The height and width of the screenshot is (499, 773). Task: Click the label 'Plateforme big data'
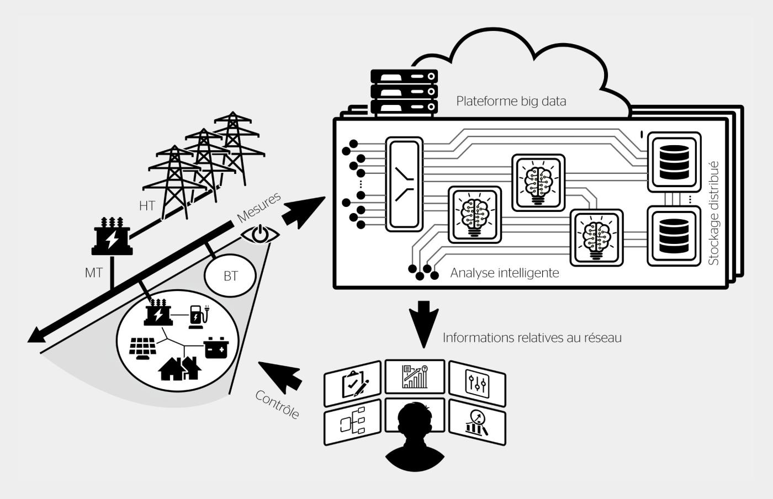[x=511, y=101]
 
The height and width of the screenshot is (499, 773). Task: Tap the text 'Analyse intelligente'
[x=505, y=273]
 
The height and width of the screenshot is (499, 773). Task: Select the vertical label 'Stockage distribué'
[x=713, y=213]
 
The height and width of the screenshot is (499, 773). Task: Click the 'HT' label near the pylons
[x=147, y=206]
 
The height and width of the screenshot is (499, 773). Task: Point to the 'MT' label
[x=93, y=273]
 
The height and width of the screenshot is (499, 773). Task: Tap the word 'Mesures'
[x=259, y=208]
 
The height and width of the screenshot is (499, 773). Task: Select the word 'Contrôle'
[x=277, y=405]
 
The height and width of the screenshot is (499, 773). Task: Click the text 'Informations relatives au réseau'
[x=532, y=337]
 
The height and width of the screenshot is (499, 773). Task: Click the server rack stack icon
[x=404, y=92]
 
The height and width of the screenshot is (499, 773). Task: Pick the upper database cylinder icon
[x=674, y=162]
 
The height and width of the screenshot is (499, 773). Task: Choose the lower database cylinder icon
[x=674, y=236]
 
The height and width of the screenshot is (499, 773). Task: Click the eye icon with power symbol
[x=260, y=234]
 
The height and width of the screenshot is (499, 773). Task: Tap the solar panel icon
[x=142, y=348]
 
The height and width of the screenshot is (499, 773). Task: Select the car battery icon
[x=216, y=348]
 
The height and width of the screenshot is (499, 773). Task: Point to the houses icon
[x=180, y=369]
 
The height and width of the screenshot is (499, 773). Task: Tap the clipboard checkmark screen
[x=353, y=384]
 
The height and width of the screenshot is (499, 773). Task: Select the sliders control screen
[x=477, y=384]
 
